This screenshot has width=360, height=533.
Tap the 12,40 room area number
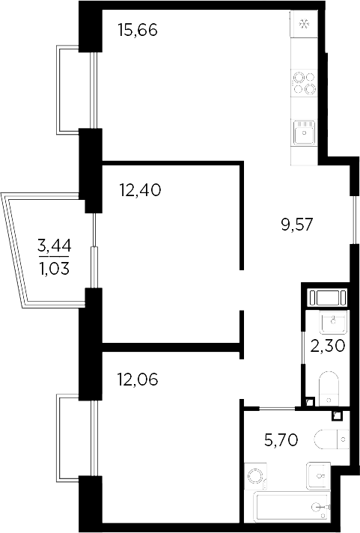(x=140, y=189)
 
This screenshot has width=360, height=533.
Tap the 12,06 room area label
(x=138, y=380)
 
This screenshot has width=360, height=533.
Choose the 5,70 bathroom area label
(x=282, y=439)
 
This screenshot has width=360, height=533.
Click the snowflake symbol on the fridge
(x=304, y=23)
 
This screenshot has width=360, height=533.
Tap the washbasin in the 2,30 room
(x=332, y=323)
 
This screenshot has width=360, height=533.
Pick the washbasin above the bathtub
(x=318, y=475)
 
